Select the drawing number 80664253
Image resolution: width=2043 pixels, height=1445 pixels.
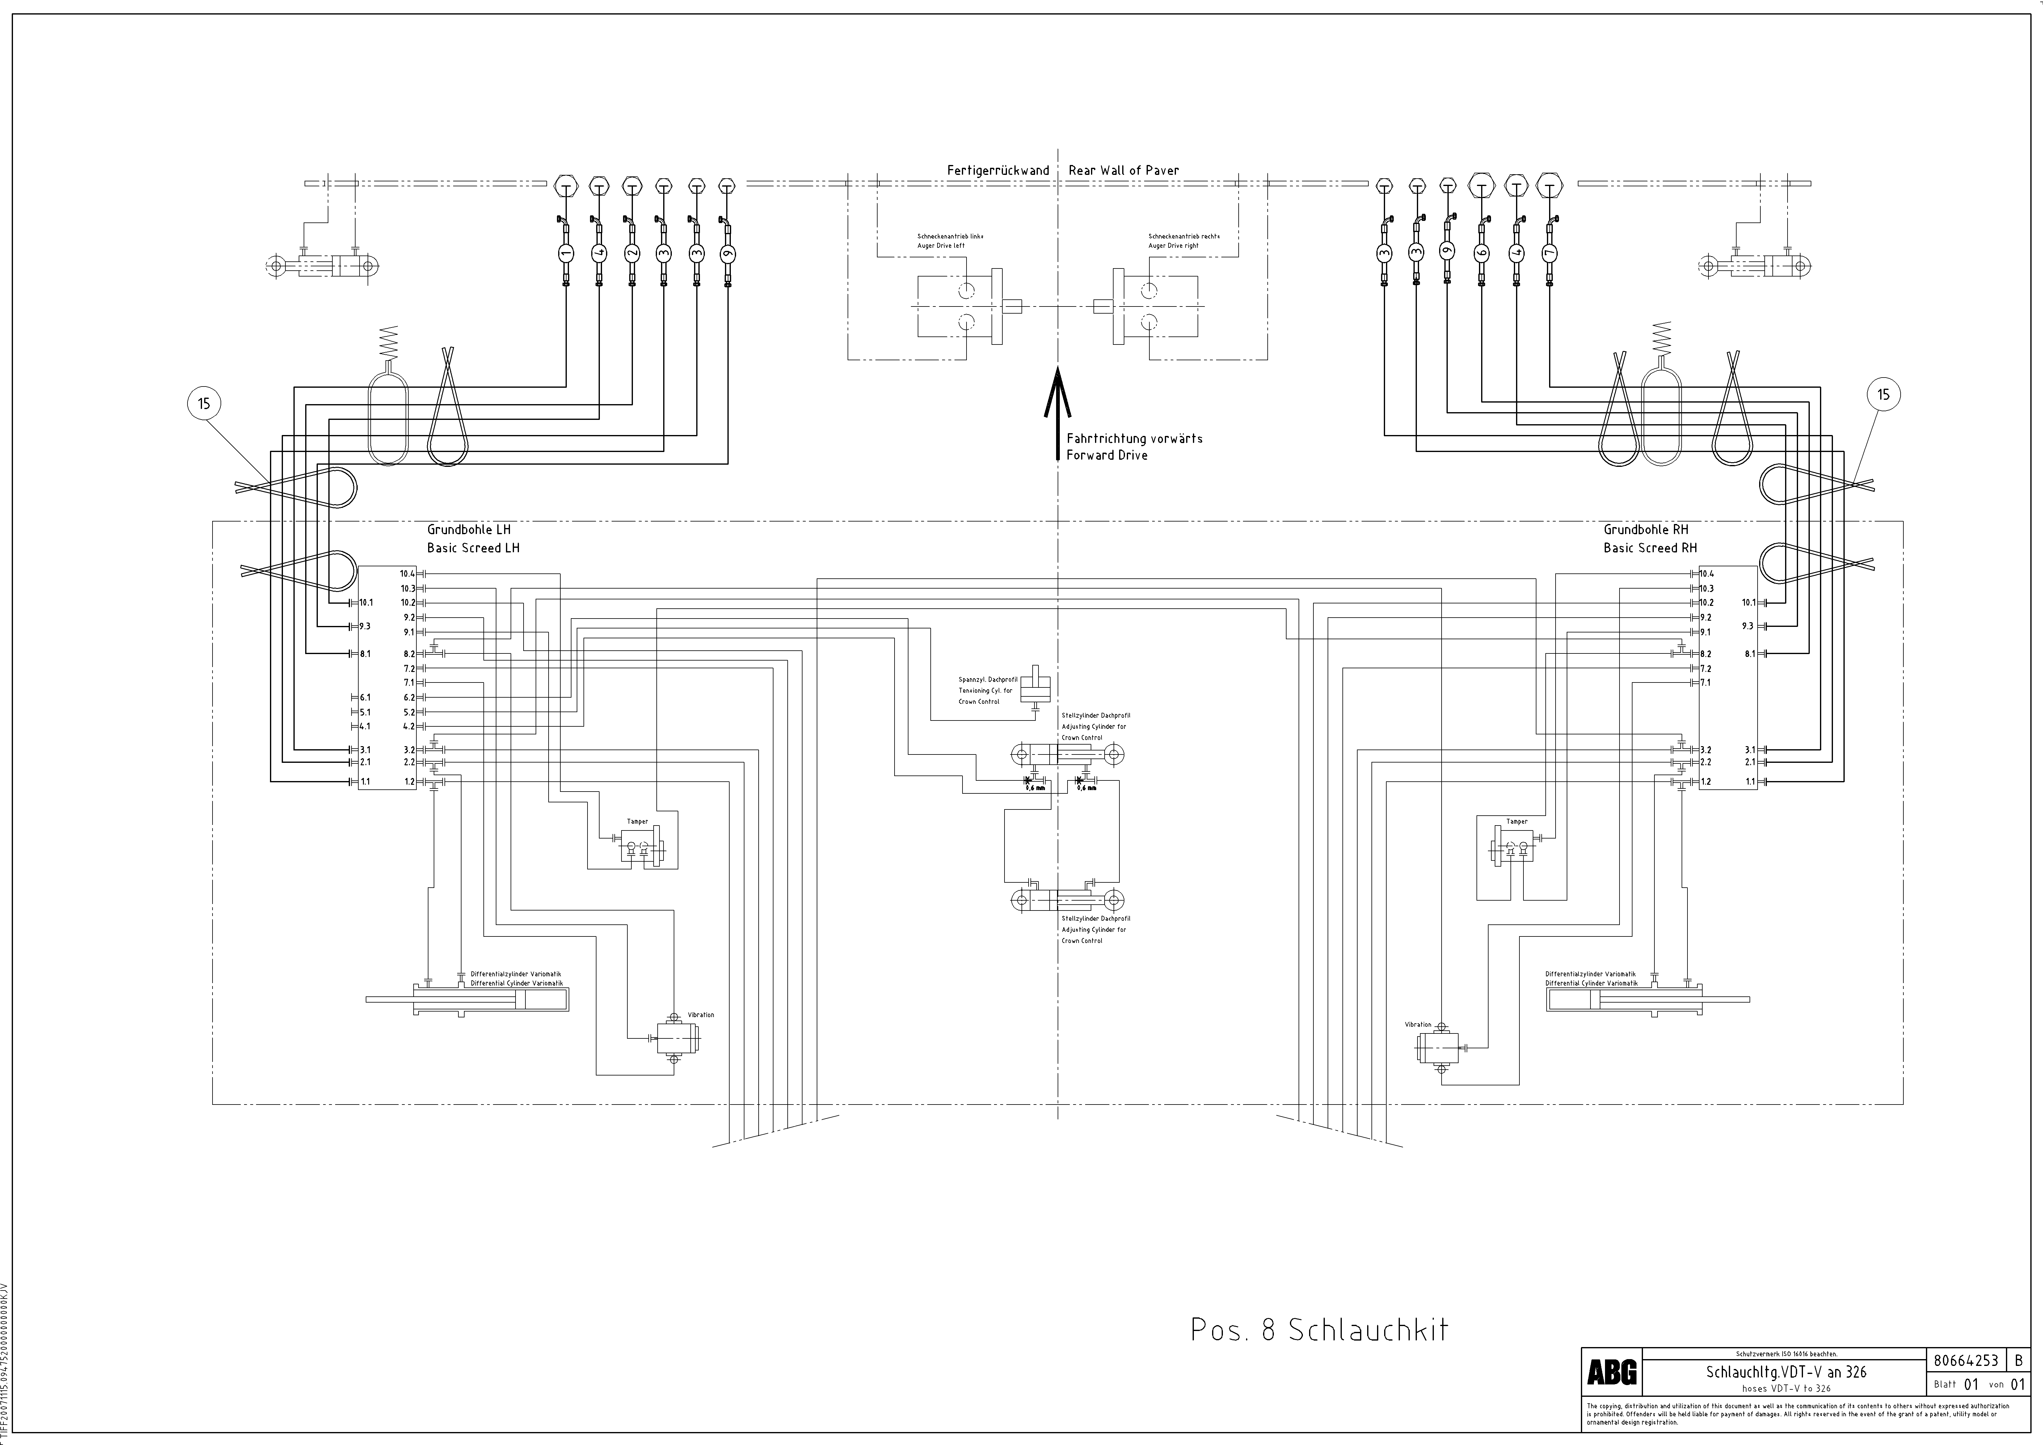1966,1360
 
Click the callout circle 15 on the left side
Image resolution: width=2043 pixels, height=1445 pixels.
204,404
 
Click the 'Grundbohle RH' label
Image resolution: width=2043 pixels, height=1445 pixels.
1645,530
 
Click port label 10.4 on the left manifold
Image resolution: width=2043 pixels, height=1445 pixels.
407,574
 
